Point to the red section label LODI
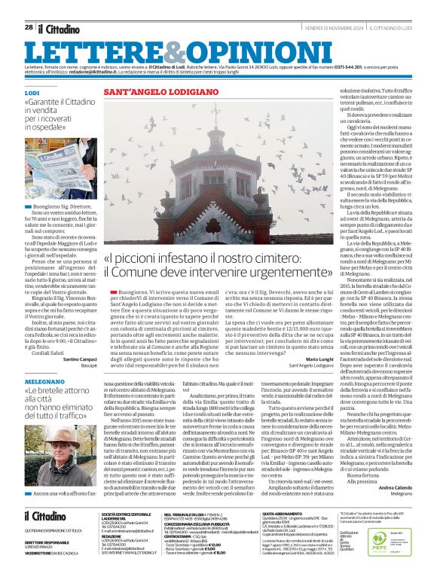click(32, 92)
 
